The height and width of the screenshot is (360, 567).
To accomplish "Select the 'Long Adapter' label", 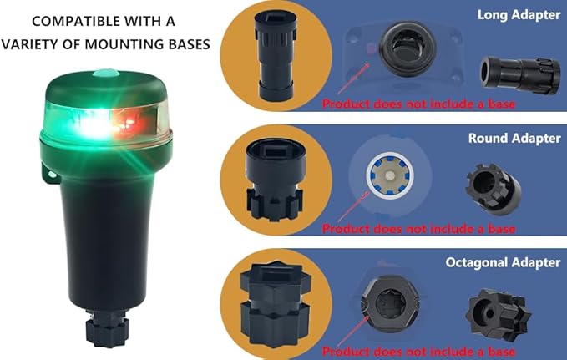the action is tap(519, 15).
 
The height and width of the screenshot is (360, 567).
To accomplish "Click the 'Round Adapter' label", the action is tap(514, 138).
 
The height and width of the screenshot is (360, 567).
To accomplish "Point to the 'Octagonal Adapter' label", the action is tap(503, 262).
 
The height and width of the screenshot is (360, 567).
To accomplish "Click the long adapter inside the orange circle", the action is tap(276, 55).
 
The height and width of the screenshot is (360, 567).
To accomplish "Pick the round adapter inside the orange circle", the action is tap(274, 179).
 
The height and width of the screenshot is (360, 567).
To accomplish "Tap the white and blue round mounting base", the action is tap(390, 176).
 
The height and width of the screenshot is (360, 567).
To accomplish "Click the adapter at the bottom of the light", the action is tap(107, 328).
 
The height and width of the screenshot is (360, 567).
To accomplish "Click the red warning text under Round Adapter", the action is tap(418, 228).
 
